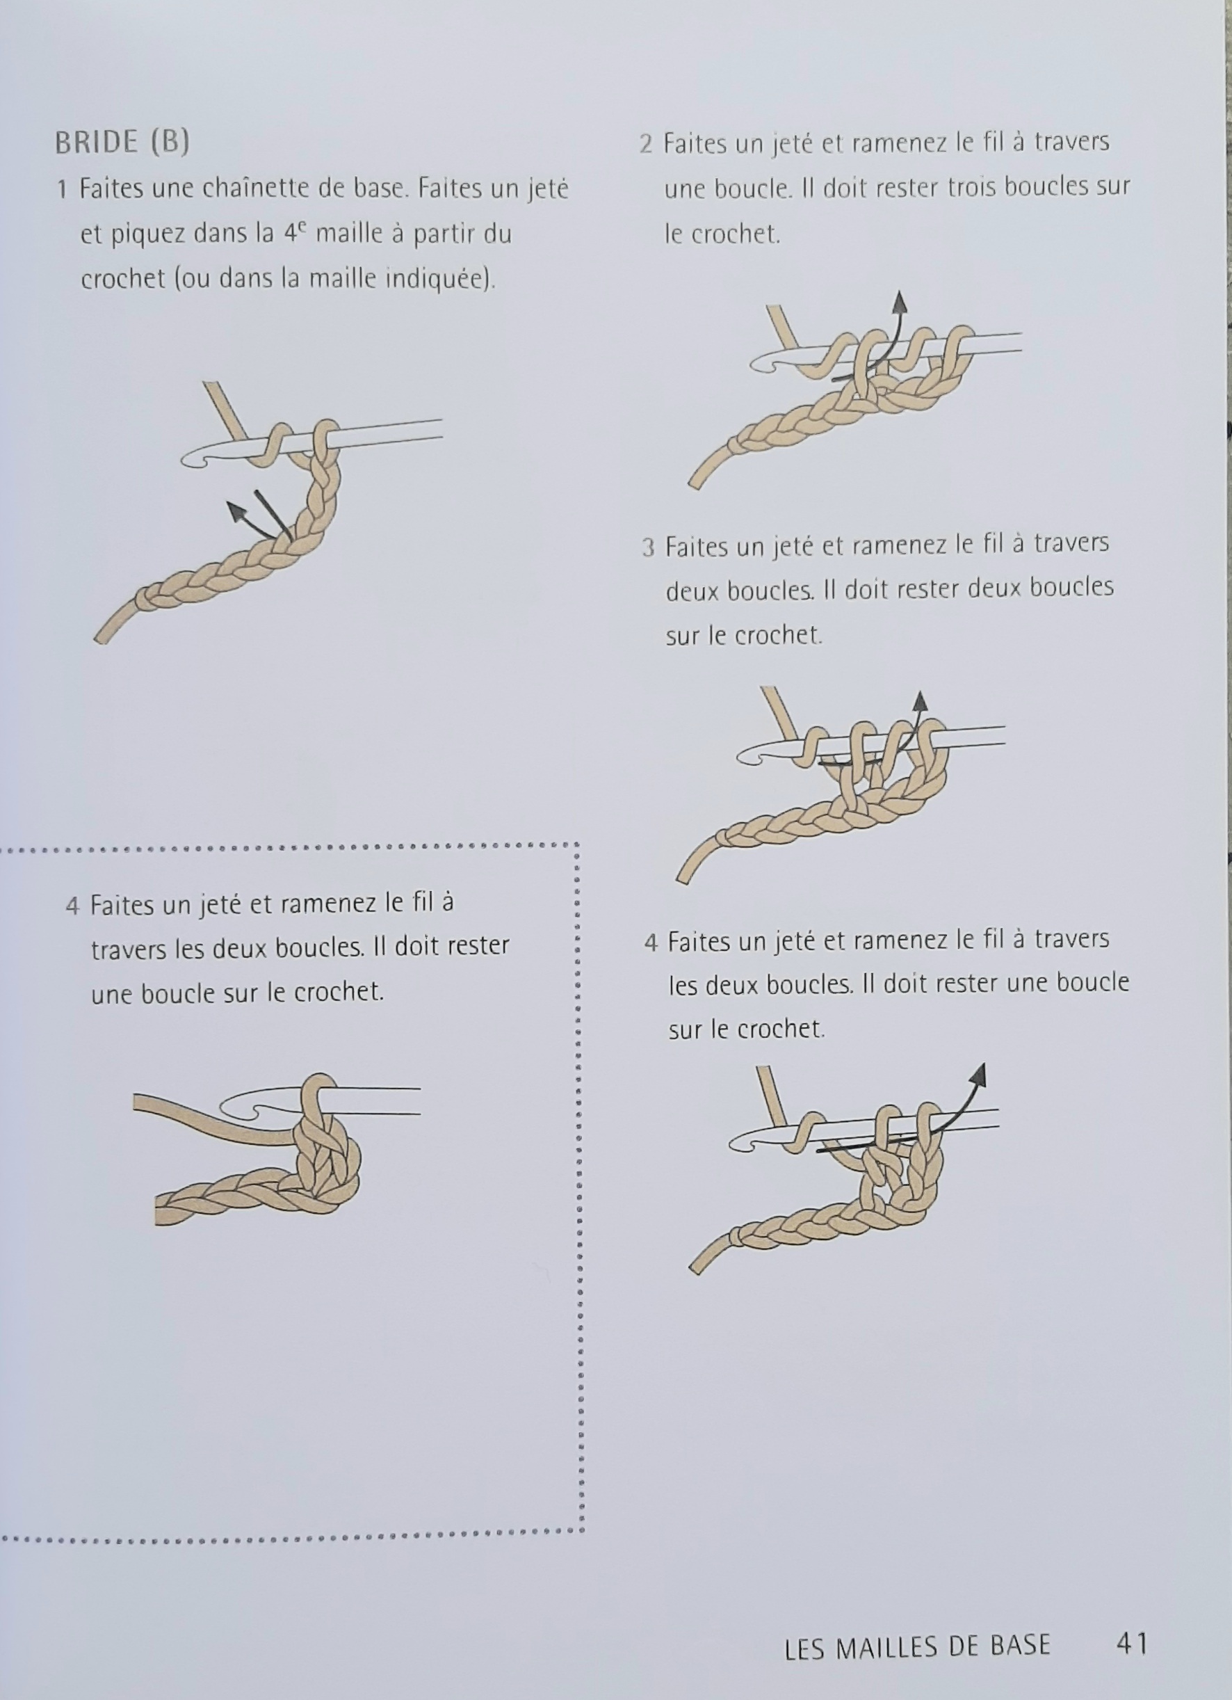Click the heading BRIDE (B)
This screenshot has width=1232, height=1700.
click(x=122, y=142)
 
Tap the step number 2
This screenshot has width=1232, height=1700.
click(x=646, y=144)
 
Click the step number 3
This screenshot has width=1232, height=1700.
click(x=648, y=547)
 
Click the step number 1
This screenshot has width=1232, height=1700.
click(x=63, y=189)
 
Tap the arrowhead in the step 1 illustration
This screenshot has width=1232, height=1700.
click(x=238, y=512)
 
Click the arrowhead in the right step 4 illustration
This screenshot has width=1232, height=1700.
click(x=978, y=1073)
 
